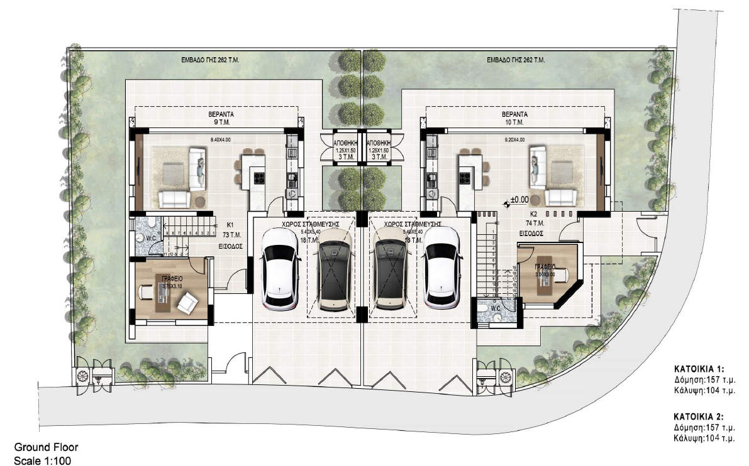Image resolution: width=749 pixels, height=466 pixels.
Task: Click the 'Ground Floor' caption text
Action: [46, 448]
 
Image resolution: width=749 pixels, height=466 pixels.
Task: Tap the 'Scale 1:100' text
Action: [42, 460]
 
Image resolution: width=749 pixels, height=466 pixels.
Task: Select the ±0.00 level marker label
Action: [519, 200]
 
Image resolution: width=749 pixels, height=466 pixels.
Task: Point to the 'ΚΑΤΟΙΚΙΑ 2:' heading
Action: [699, 416]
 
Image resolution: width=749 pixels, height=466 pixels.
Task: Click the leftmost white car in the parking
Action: [279, 268]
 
